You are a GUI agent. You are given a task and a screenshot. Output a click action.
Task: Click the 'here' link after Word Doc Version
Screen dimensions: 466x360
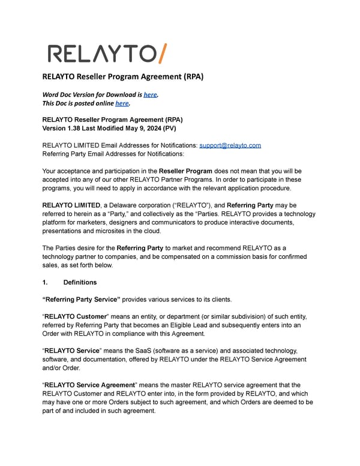(149, 94)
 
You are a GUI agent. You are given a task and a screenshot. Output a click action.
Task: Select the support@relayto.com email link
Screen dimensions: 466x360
(230, 145)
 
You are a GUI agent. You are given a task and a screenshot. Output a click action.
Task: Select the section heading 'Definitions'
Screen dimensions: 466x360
(80, 282)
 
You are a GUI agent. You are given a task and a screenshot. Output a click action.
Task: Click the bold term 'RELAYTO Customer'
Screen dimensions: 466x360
(74, 316)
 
